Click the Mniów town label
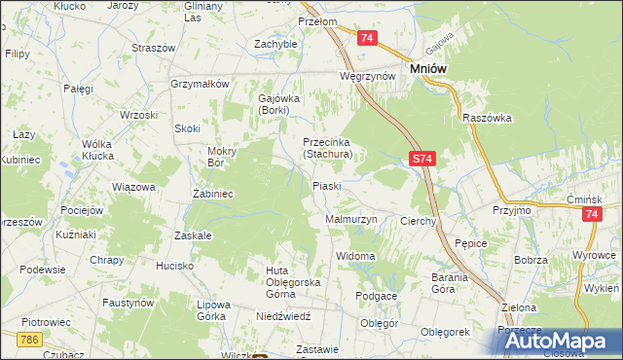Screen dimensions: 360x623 (429, 70)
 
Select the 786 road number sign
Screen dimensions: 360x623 (29, 338)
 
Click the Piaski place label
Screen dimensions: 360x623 (325, 186)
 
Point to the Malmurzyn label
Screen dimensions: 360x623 (350, 220)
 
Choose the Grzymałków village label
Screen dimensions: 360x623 (199, 84)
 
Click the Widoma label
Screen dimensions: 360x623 (355, 256)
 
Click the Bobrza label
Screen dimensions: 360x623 (531, 261)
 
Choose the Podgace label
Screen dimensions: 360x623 (376, 296)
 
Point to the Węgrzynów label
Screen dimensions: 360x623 (367, 75)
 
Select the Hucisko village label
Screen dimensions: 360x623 (175, 266)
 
